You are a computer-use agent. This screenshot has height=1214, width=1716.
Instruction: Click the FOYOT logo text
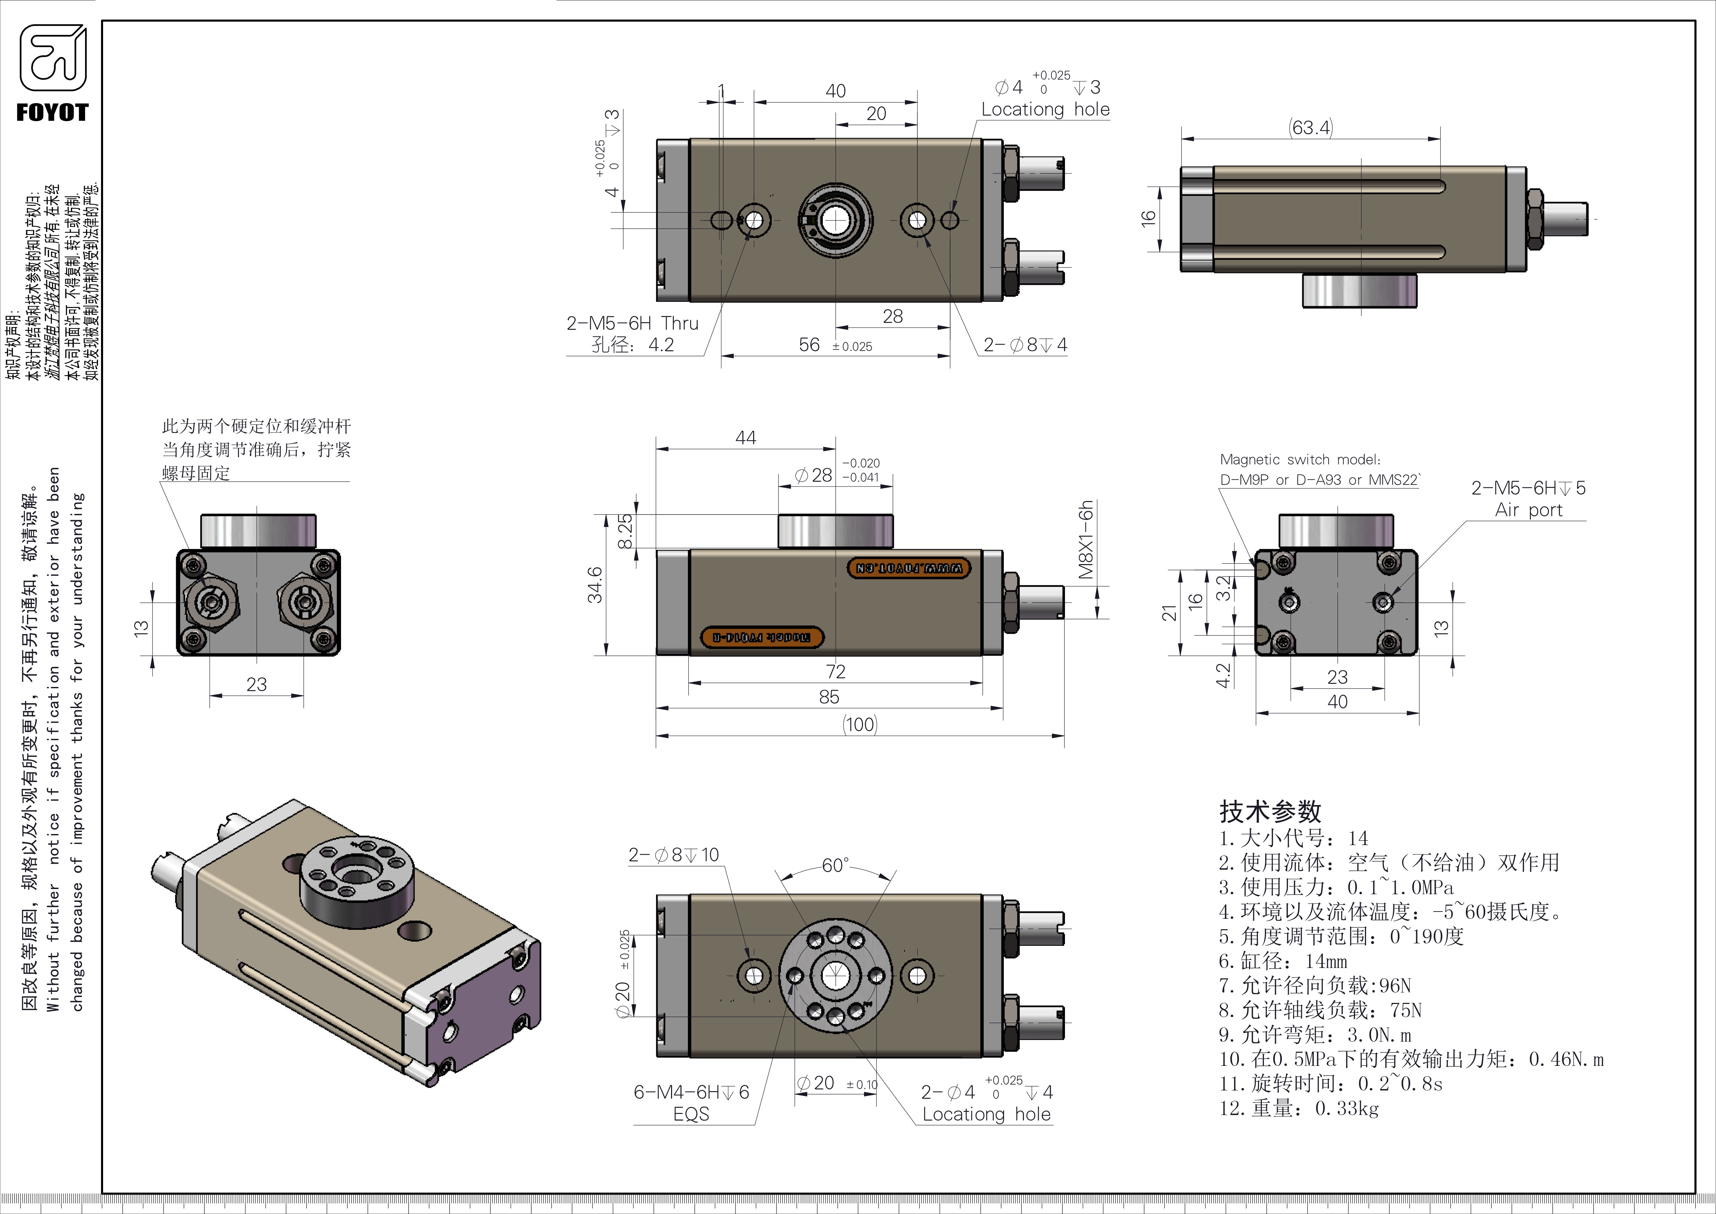point(52,113)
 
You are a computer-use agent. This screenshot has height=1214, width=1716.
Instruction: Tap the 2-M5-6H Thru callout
point(632,324)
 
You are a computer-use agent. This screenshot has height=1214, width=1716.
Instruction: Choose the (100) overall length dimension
point(860,724)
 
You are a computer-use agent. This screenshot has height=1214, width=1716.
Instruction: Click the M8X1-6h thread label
point(1086,540)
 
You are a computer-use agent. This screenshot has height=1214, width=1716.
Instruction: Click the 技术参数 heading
point(1270,811)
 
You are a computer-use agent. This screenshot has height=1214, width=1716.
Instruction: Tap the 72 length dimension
point(836,671)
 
